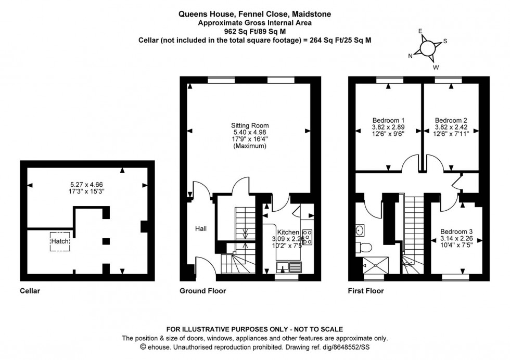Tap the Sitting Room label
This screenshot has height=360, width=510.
250,125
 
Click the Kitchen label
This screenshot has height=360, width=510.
288,232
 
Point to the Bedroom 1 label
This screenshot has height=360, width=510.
388,120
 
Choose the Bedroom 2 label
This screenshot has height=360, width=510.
451,120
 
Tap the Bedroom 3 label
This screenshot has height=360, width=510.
457,232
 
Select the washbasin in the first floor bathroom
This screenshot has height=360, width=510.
360,229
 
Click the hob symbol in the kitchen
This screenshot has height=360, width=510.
307,237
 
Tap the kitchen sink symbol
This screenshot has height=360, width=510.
289,268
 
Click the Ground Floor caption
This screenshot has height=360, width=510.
203,291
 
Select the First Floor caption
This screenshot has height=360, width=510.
366,291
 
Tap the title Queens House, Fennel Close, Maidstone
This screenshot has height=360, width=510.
254,15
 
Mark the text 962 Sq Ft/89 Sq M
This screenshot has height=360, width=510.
254,31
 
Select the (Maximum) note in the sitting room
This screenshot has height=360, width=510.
250,146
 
